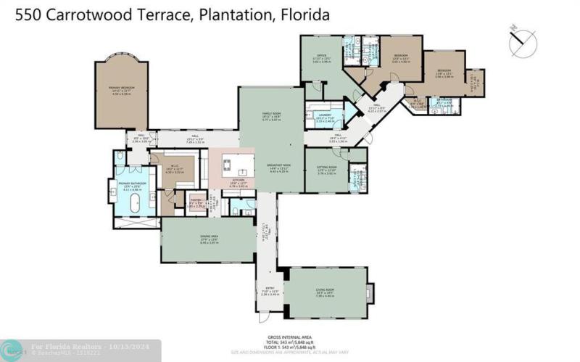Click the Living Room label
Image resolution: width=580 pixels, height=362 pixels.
(x=325, y=292)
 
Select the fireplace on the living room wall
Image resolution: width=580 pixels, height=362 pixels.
(x=370, y=292)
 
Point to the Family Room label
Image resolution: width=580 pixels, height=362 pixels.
(x=270, y=115)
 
